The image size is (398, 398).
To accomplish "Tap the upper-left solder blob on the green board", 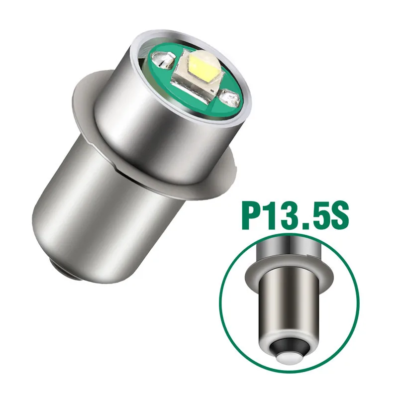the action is pos(164,59).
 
